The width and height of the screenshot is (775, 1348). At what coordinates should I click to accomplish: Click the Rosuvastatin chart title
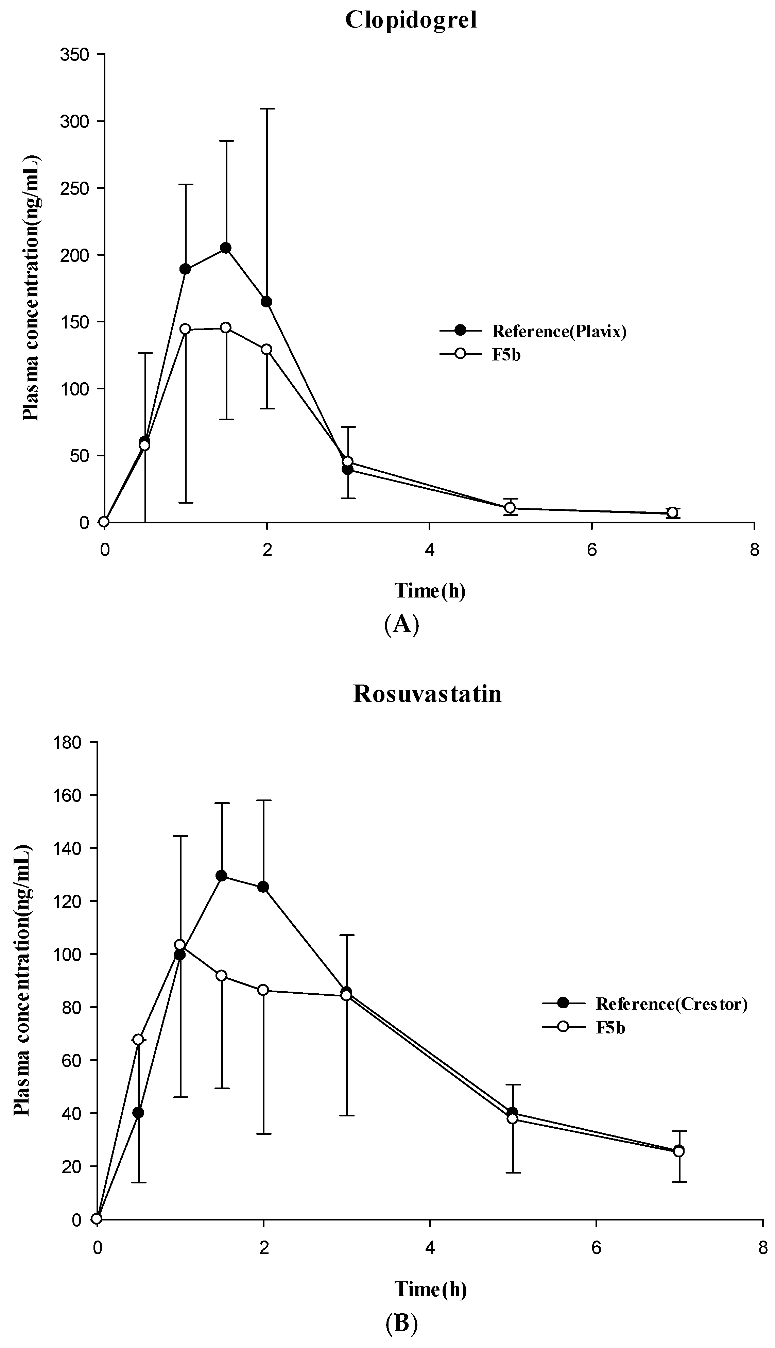(x=427, y=694)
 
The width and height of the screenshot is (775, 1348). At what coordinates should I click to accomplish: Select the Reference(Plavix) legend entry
(x=558, y=331)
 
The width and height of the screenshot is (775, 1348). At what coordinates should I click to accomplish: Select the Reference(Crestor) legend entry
(x=671, y=1004)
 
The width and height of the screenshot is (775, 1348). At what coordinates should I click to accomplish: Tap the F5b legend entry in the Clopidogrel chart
(x=506, y=355)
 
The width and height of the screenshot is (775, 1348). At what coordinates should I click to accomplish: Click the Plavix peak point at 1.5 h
(x=226, y=248)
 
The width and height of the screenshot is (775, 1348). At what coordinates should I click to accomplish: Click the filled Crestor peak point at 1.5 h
(x=221, y=876)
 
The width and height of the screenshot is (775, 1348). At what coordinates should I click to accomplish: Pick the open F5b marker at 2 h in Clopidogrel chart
(x=267, y=349)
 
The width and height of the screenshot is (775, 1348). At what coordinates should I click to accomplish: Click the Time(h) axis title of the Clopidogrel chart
(x=430, y=590)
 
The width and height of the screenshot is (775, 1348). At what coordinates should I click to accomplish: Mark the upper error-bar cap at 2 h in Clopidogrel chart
(x=267, y=108)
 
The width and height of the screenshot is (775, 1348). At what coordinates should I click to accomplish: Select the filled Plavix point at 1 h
(x=185, y=269)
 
